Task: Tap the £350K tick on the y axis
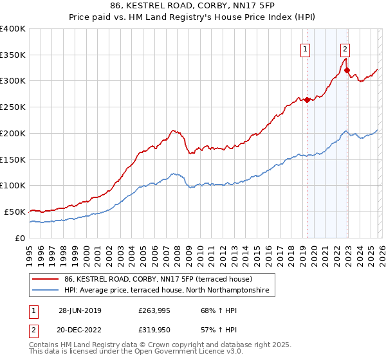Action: pos(13,55)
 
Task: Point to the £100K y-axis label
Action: pos(13,185)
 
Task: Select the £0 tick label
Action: pos(20,238)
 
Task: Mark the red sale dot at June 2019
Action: pos(307,100)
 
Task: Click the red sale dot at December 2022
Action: pos(347,70)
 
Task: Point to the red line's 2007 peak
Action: pos(173,130)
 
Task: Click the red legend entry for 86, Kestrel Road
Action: pos(161,279)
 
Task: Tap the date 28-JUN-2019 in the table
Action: pos(80,310)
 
